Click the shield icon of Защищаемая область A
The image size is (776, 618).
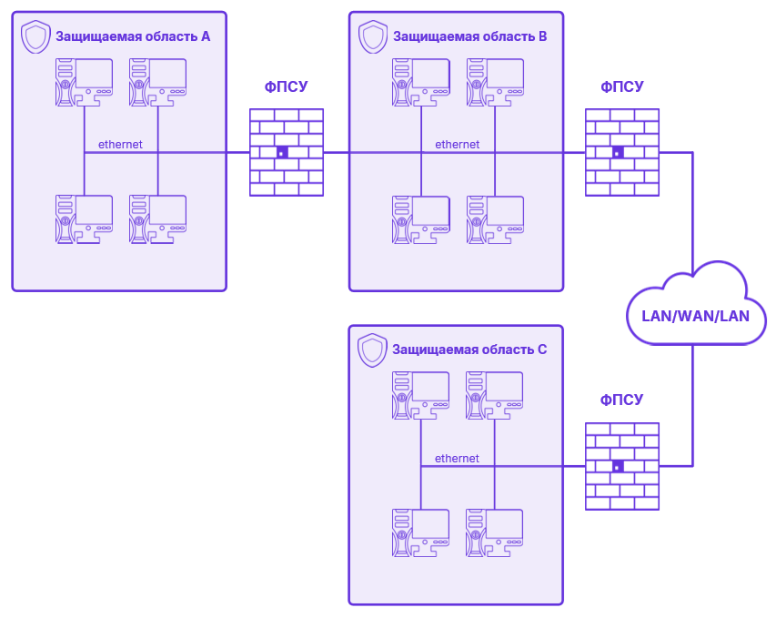pos(35,37)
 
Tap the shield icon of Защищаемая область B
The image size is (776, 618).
pos(373,37)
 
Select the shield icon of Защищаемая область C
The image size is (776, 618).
pos(372,350)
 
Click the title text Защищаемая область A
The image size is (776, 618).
pos(133,37)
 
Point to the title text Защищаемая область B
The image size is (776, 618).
pos(469,37)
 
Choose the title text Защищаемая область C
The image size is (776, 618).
pos(469,350)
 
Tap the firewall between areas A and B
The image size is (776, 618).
pos(287,152)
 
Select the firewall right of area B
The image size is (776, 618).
pos(622,152)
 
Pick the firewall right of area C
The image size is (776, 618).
pos(622,466)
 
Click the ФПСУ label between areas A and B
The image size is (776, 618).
pos(287,87)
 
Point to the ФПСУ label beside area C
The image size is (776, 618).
pos(622,400)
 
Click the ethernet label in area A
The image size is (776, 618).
pos(120,145)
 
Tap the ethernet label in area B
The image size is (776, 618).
pos(457,145)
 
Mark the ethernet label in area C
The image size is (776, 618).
pos(457,459)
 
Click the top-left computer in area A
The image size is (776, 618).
pos(85,83)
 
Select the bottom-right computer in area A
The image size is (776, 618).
pos(158,219)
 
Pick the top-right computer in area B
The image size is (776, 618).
pos(495,83)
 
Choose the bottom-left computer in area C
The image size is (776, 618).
pos(421,532)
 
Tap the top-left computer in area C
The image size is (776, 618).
pos(421,395)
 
